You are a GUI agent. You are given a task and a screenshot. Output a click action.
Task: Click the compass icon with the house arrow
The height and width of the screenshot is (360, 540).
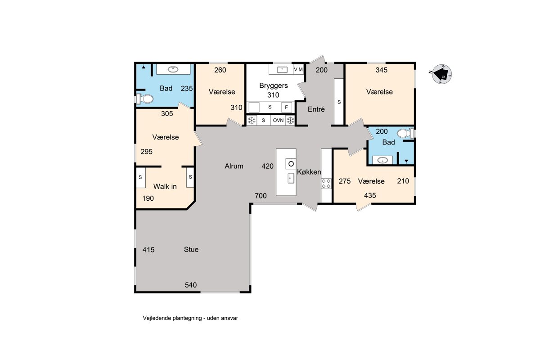click(x=442, y=74)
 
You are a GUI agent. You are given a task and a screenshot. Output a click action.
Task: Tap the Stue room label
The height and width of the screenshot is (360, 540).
click(x=191, y=249)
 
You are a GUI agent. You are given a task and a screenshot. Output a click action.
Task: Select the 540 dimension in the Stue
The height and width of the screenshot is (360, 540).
click(x=191, y=285)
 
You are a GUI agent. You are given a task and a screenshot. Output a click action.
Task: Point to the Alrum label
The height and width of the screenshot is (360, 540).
click(x=234, y=166)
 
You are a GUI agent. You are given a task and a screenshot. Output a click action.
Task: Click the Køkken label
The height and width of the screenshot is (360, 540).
click(x=309, y=172)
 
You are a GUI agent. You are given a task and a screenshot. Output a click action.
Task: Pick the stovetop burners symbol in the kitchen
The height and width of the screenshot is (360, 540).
click(x=326, y=183)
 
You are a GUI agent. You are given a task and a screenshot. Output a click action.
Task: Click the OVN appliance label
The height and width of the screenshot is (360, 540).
click(x=278, y=120)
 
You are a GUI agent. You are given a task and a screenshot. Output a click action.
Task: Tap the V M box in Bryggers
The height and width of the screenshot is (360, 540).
click(x=298, y=69)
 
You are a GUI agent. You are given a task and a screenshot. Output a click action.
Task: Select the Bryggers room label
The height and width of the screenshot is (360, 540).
click(x=274, y=85)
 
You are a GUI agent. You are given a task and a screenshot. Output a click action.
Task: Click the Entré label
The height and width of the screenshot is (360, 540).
click(x=316, y=109)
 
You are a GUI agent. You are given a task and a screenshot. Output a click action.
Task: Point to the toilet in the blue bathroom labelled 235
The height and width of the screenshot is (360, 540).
click(x=145, y=99)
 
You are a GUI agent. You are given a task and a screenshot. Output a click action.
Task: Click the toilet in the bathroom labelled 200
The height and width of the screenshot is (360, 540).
click(x=405, y=133)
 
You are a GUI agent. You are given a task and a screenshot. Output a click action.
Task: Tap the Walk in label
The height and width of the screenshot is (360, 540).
click(x=165, y=186)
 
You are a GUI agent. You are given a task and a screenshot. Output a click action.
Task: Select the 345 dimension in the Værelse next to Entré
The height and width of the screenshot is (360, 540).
click(x=382, y=70)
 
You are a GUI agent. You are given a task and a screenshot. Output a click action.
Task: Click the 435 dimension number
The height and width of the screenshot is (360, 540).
click(x=370, y=195)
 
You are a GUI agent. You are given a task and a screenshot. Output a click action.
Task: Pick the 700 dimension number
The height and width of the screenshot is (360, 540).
click(x=261, y=196)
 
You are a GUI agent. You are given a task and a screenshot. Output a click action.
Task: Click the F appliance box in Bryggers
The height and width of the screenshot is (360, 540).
click(x=286, y=107)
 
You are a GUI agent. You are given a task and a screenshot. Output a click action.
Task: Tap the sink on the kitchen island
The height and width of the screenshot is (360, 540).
click(x=291, y=178)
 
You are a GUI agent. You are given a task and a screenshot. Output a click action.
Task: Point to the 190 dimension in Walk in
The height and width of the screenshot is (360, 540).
click(x=148, y=198)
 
